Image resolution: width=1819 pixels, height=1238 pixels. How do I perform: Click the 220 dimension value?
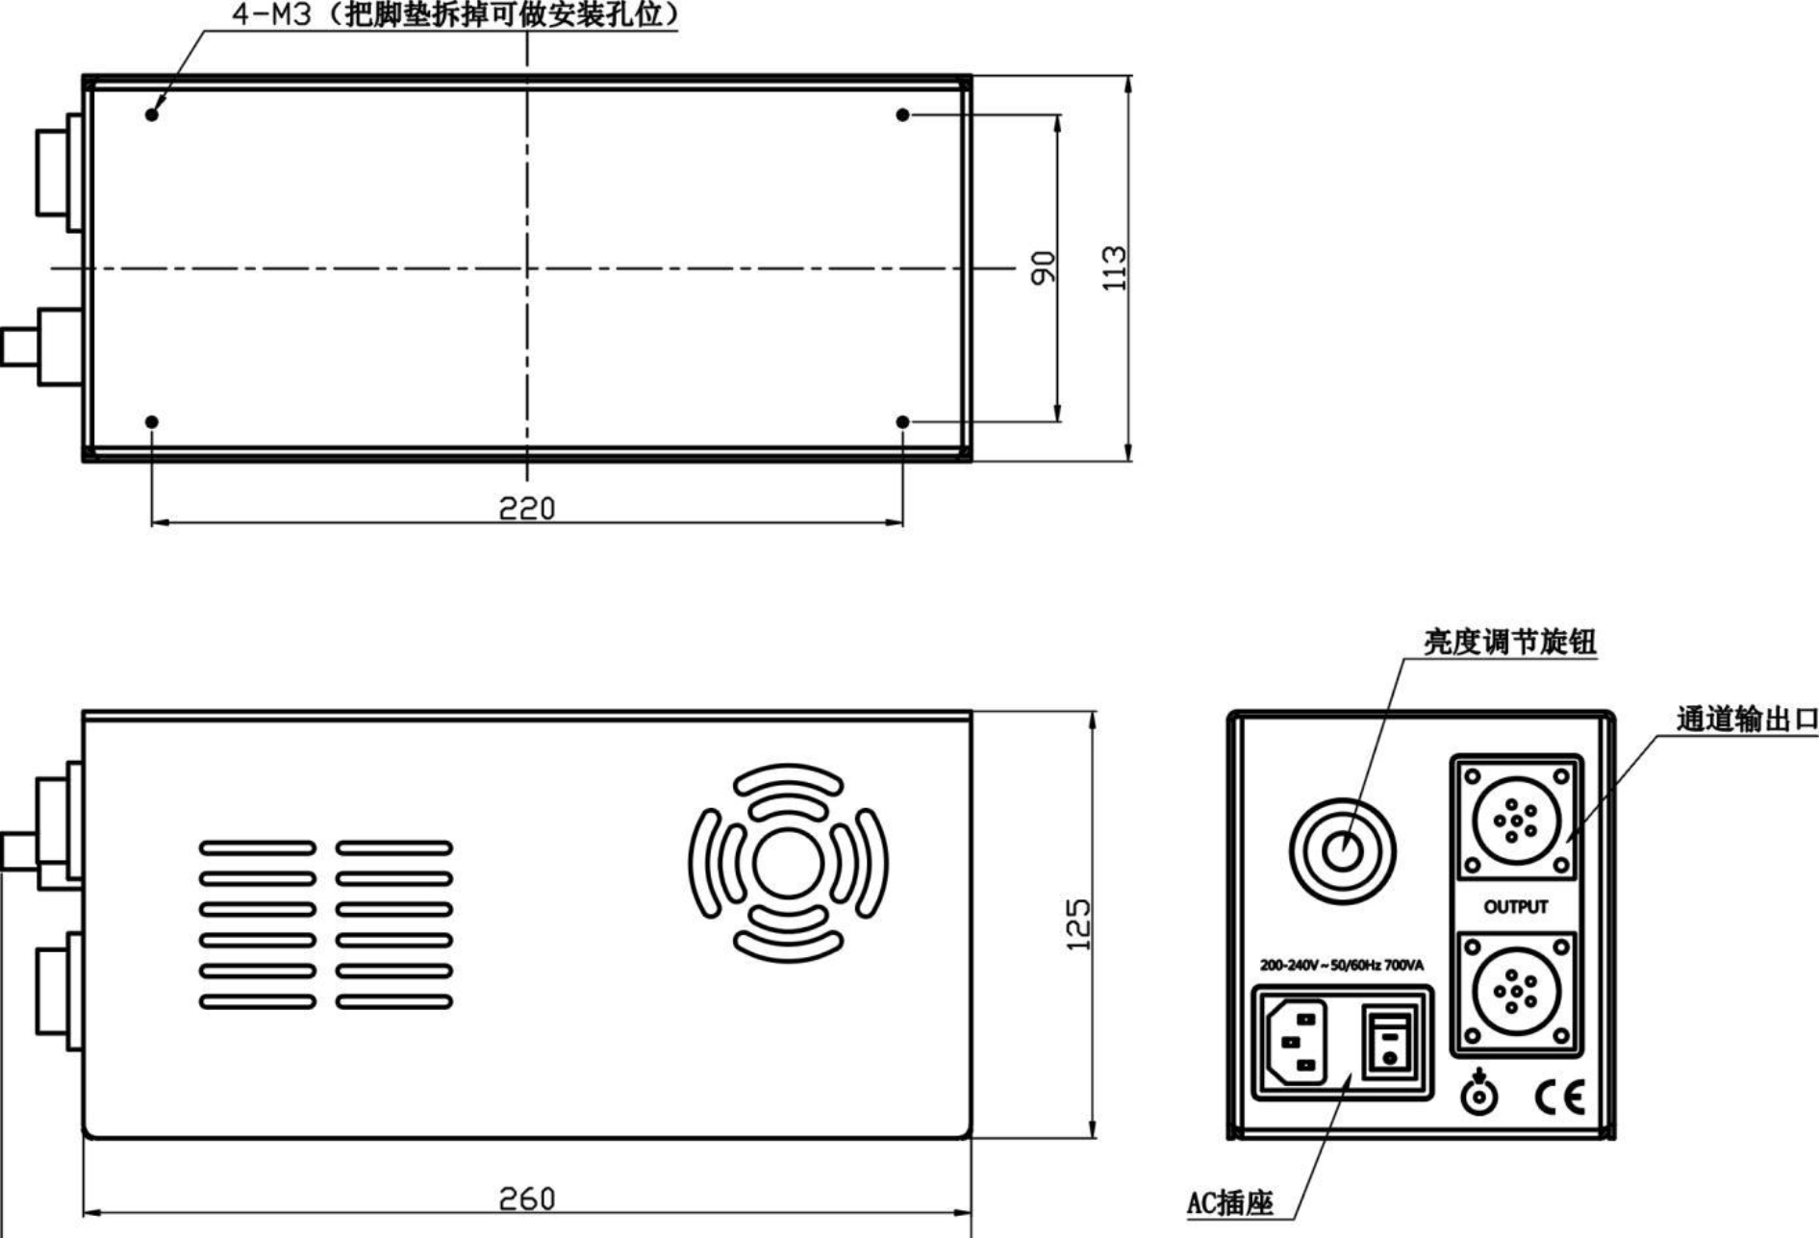[x=527, y=507]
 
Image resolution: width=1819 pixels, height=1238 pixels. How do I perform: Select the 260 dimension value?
[x=527, y=1199]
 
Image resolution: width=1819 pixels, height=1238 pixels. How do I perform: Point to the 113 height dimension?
[x=1114, y=268]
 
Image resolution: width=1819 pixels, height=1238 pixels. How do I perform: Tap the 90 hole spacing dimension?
[x=1043, y=268]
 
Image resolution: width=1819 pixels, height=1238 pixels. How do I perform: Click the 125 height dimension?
[x=1079, y=924]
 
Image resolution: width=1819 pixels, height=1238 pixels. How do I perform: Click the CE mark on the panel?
[x=1559, y=1098]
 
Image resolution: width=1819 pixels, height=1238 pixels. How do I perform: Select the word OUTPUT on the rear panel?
[x=1516, y=907]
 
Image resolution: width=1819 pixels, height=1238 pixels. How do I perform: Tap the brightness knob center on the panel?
[x=1342, y=850]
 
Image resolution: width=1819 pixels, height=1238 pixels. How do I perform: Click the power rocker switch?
[x=1389, y=1042]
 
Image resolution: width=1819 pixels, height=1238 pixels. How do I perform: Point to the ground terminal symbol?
[x=1478, y=1093]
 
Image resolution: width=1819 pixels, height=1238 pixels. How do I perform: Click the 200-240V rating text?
[x=1342, y=965]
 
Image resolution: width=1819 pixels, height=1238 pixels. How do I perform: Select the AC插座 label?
[x=1229, y=1202]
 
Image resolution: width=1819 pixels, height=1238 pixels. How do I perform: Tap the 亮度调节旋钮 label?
[x=1509, y=642]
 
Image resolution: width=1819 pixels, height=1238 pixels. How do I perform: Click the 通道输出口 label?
[x=1746, y=719]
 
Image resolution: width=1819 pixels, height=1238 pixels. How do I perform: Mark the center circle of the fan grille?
[x=788, y=864]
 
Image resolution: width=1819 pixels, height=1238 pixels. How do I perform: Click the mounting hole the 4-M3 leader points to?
[x=152, y=114]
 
